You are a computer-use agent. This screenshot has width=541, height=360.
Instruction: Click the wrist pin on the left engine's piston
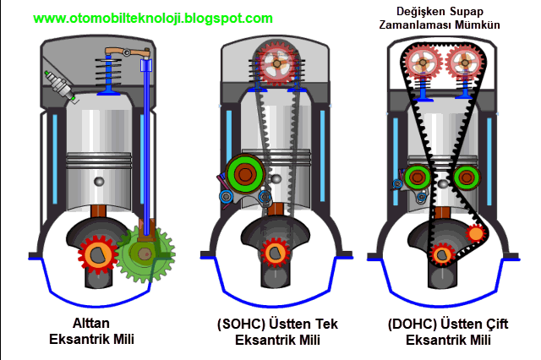pos(100,182)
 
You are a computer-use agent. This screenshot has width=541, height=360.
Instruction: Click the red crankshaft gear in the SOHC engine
pos(274,253)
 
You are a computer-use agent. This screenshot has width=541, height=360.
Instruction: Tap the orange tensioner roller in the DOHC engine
pos(476,232)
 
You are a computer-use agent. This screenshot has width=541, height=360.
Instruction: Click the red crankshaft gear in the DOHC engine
pos(441,253)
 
